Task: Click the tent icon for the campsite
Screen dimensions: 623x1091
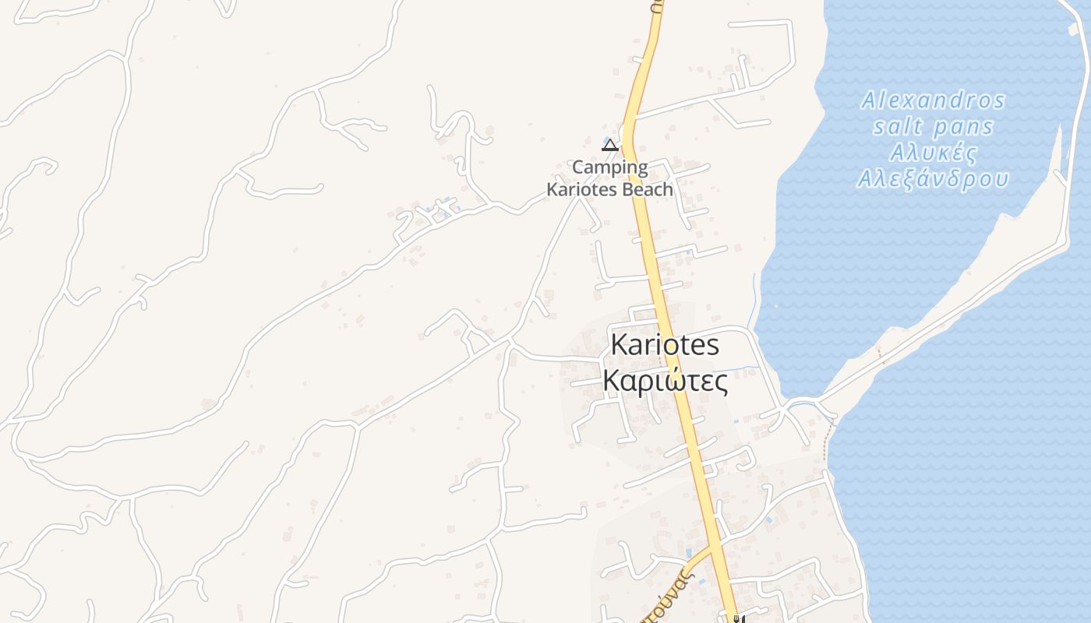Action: tap(610, 145)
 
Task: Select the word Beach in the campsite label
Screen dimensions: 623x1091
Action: tap(644, 189)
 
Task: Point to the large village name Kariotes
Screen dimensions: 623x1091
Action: tap(665, 344)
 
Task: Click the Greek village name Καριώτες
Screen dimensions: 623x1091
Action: tap(666, 382)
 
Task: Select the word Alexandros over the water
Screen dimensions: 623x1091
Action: tap(933, 100)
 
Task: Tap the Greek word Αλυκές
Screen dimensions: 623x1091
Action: tap(933, 152)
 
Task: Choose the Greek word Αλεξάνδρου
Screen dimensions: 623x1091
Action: tap(933, 179)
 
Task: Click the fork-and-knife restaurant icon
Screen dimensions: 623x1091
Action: tap(738, 619)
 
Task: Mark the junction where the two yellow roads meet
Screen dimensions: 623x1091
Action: tap(716, 547)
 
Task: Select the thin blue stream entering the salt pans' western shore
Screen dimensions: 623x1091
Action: tap(754, 300)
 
